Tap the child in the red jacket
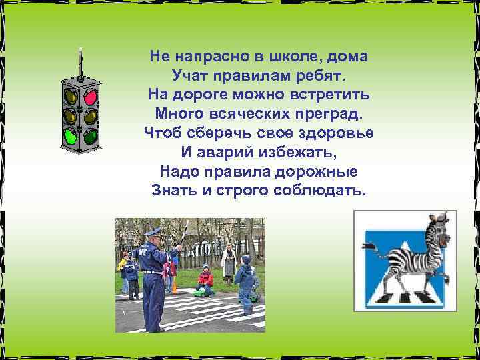206,277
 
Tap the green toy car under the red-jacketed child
202,291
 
